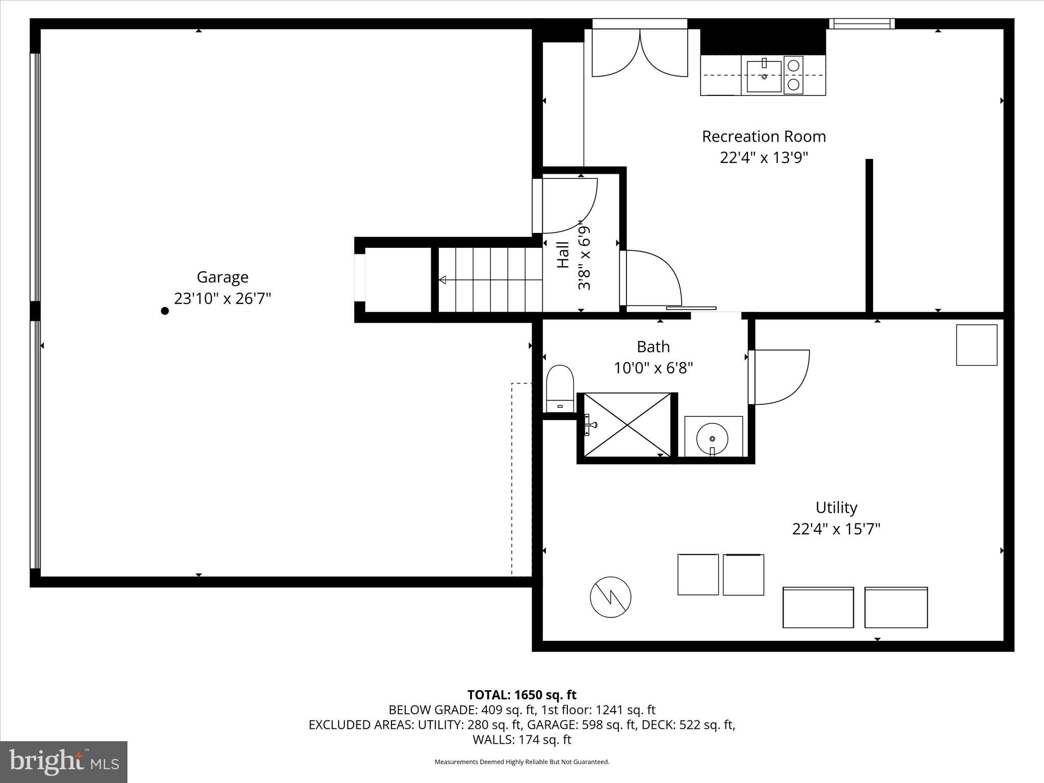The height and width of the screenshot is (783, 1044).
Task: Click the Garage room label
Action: [x=222, y=277]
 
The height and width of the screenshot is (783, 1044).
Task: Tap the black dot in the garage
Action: [x=165, y=311]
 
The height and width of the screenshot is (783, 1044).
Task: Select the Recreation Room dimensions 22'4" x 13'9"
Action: [x=764, y=158]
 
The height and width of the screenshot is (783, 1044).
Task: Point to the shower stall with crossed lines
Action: [x=627, y=425]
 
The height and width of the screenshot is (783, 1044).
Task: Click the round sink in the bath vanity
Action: [x=712, y=438]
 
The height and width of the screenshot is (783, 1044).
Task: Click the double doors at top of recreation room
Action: [x=640, y=51]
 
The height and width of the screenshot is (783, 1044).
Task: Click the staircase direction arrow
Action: [x=443, y=279]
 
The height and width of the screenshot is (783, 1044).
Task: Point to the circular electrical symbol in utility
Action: [x=610, y=597]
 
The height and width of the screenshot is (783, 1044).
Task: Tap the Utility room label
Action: [x=836, y=508]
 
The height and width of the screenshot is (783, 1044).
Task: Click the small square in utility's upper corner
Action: [x=976, y=345]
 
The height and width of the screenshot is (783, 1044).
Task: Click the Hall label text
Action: [x=563, y=254]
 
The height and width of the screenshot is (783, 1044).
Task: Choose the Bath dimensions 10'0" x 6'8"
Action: [x=653, y=368]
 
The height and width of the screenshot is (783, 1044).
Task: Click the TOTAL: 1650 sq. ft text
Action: [x=521, y=695]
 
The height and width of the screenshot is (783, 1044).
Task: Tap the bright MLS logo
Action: [x=64, y=761]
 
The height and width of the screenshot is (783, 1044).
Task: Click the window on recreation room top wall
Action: [x=862, y=23]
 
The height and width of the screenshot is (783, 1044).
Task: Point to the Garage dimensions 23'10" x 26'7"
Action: [x=222, y=298]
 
